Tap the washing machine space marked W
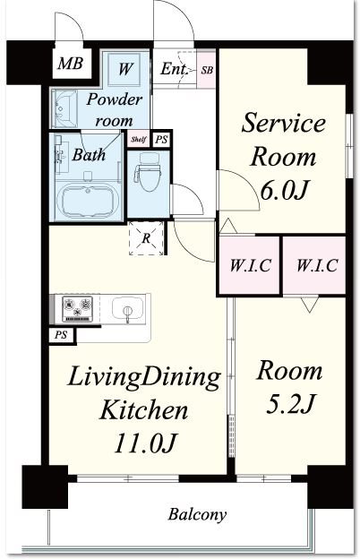tap(124, 69)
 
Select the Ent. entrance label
tap(174, 69)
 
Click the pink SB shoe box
tap(207, 70)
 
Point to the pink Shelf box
tap(138, 139)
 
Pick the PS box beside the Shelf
tap(161, 139)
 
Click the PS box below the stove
tap(62, 335)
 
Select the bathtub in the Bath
tap(88, 201)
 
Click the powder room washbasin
tap(64, 108)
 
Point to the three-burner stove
tap(77, 309)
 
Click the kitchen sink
tap(128, 308)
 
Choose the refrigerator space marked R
tap(146, 238)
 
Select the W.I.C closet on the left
tap(249, 265)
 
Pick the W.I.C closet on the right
tap(314, 265)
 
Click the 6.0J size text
tap(284, 191)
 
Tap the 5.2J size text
tap(290, 404)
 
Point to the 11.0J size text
tap(145, 443)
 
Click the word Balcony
tap(197, 515)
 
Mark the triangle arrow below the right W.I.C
tap(309, 304)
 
